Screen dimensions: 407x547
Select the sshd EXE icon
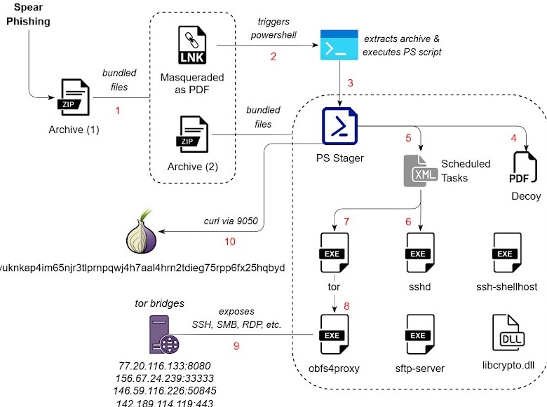click(x=419, y=253)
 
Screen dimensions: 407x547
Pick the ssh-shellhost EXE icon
click(x=505, y=253)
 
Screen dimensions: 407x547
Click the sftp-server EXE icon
click(x=419, y=334)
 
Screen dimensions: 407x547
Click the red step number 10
click(x=230, y=242)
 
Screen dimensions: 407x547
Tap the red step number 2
click(x=273, y=57)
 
